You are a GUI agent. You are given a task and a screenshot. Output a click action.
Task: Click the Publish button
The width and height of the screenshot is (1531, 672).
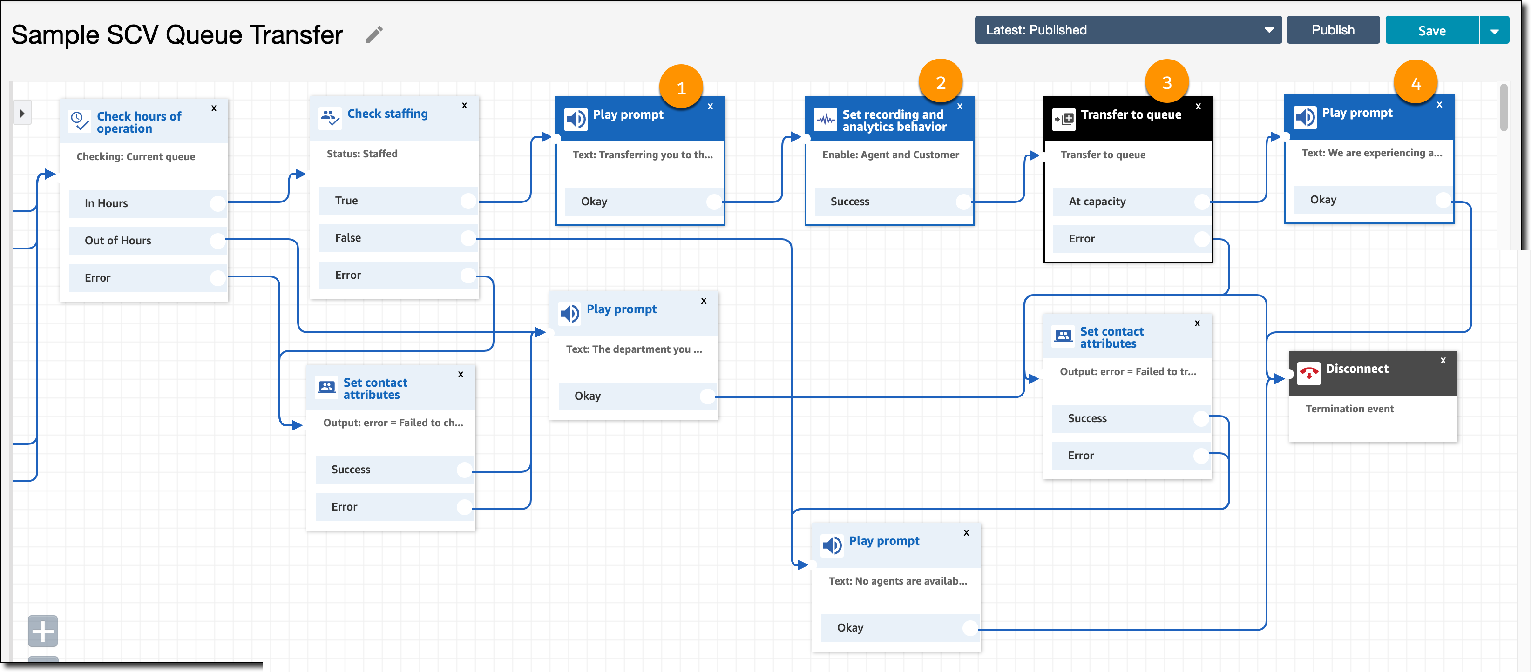click(x=1333, y=30)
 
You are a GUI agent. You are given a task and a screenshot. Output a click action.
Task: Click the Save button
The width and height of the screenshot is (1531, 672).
click(x=1431, y=30)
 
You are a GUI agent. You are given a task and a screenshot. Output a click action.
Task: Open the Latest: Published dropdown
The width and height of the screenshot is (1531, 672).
click(x=1127, y=30)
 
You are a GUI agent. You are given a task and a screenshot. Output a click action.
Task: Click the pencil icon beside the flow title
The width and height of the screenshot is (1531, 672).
click(x=374, y=34)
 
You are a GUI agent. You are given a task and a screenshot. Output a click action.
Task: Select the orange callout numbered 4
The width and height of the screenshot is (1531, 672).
click(x=1416, y=82)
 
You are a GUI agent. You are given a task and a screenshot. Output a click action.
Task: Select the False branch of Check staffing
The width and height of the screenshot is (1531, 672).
click(x=398, y=238)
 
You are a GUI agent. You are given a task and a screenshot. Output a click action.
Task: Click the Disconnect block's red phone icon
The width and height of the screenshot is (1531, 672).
click(x=1308, y=373)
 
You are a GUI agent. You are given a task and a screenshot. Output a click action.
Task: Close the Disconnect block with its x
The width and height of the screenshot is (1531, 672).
click(x=1443, y=360)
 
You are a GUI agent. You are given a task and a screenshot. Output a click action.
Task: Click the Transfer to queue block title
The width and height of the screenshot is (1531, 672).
click(x=1131, y=114)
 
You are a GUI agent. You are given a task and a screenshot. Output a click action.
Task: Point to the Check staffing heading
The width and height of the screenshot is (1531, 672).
click(x=387, y=114)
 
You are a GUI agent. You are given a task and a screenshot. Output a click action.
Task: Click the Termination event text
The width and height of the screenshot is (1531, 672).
click(x=1349, y=409)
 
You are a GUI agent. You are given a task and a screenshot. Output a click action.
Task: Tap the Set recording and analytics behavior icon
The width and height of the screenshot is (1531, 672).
click(x=826, y=120)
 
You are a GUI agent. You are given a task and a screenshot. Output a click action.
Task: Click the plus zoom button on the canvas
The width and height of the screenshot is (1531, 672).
click(x=43, y=631)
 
